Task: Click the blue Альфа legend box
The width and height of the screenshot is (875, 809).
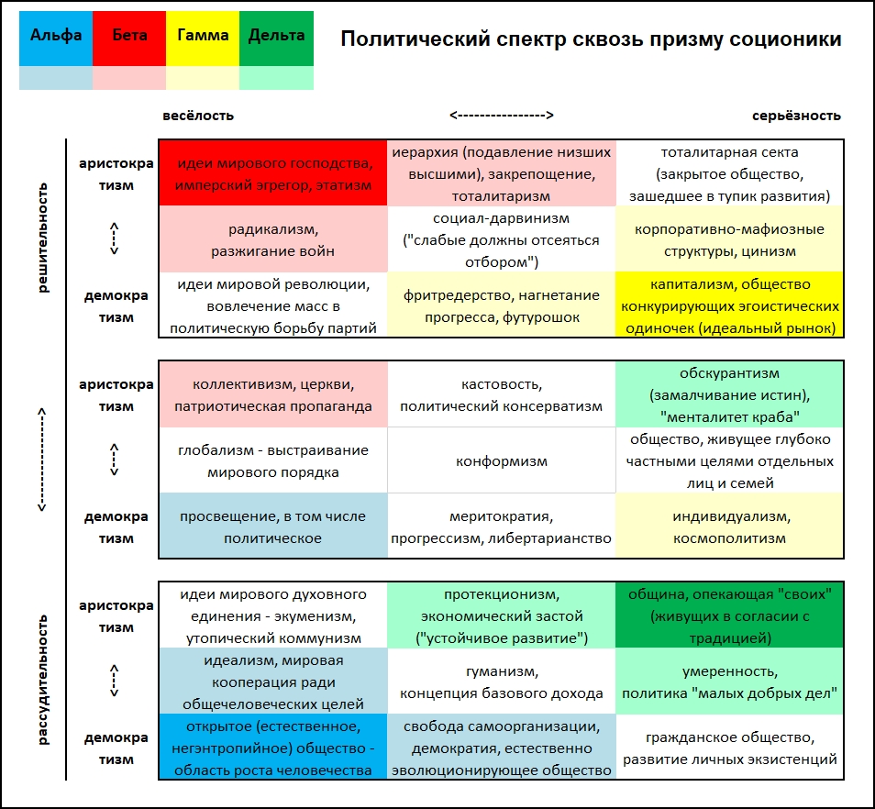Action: [56, 38]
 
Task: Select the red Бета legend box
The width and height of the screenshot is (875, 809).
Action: [129, 38]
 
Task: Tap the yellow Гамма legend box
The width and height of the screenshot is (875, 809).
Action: [203, 38]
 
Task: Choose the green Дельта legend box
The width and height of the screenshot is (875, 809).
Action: [276, 38]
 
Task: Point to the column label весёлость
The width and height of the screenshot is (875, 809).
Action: [198, 116]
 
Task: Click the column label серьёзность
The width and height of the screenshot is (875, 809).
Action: [796, 116]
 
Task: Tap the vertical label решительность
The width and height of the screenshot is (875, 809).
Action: [43, 238]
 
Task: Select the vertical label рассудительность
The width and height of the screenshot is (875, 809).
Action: [43, 680]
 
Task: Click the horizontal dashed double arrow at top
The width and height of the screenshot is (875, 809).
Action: [502, 115]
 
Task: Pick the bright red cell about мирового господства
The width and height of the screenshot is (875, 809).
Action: [273, 173]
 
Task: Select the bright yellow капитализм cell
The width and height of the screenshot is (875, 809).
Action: [729, 305]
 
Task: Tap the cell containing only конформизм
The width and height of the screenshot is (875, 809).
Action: [501, 460]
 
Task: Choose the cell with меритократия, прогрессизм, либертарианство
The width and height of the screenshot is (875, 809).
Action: [501, 526]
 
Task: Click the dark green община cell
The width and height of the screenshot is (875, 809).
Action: [729, 615]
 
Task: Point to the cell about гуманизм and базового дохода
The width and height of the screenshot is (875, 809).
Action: [501, 681]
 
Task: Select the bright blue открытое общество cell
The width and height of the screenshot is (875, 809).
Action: [273, 747]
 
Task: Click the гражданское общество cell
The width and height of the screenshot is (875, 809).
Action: [729, 747]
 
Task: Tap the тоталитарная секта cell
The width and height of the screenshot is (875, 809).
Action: [729, 173]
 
